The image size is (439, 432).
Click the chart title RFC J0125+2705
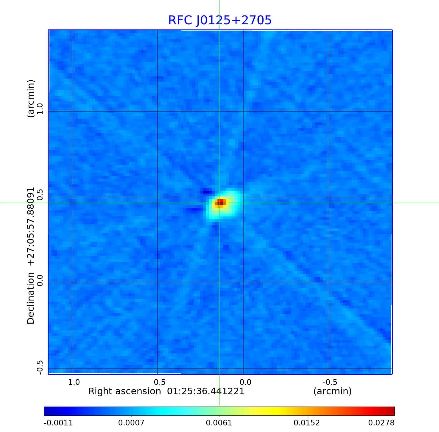tap(220, 20)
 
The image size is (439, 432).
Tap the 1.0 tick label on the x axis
tap(74, 382)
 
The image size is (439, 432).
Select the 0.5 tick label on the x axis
tap(160, 382)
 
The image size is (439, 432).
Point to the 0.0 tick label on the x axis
tap(245, 382)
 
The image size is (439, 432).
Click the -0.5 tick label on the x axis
tap(330, 382)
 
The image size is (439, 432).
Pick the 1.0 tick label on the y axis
tap(39, 109)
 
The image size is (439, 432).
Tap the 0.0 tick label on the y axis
tap(39, 280)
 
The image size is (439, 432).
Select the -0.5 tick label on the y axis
tap(39, 367)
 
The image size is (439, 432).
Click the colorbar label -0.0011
tap(58, 423)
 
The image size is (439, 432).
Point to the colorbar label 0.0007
tap(131, 423)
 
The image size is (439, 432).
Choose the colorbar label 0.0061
tap(219, 423)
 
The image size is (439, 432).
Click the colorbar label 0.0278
tap(381, 423)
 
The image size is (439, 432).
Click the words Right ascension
tap(125, 391)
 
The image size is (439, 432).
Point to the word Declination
tap(31, 298)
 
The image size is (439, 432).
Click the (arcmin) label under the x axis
tap(332, 391)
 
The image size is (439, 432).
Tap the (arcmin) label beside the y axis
tap(31, 98)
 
